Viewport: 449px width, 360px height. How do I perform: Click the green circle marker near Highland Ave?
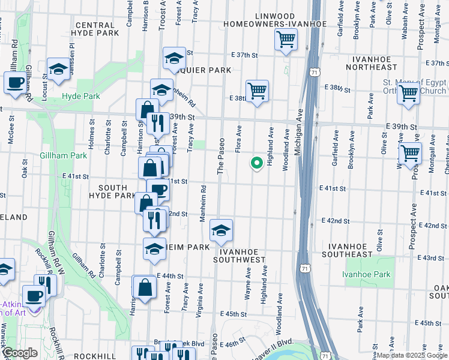[x=257, y=162]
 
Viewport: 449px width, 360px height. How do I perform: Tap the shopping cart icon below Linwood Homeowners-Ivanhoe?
[x=286, y=40]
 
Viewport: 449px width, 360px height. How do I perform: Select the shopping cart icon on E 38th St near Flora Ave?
[x=257, y=91]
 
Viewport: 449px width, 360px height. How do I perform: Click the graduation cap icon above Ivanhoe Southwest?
[x=221, y=230]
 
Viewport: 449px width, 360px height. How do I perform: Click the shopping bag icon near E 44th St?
[x=145, y=287]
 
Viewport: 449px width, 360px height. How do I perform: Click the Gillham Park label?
[x=63, y=155]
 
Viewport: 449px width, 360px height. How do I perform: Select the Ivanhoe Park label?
[x=366, y=274]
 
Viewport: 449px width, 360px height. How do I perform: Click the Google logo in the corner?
[x=20, y=353]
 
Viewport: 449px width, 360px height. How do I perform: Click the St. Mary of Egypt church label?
[x=414, y=87]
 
